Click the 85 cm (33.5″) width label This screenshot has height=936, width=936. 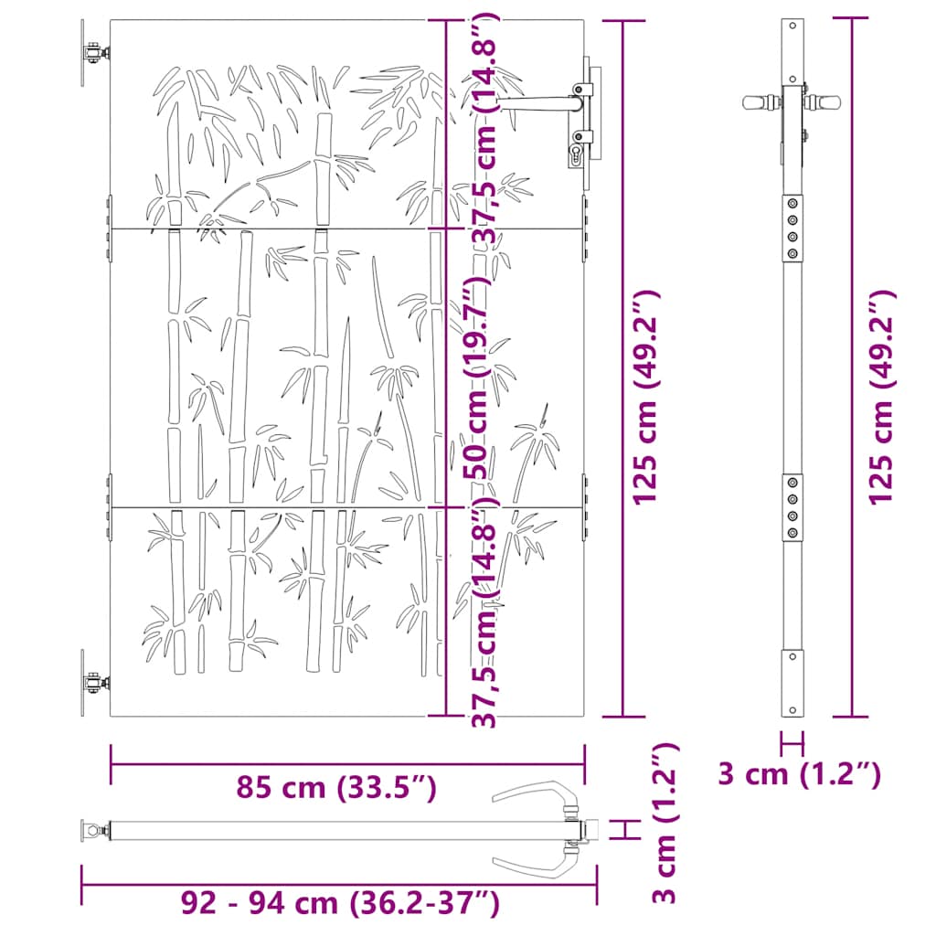pyautogui.click(x=336, y=787)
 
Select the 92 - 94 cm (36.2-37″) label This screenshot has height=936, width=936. pyautogui.click(x=340, y=903)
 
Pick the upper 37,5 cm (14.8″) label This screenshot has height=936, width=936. pyautogui.click(x=483, y=127)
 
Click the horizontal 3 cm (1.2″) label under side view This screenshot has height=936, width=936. pyautogui.click(x=800, y=774)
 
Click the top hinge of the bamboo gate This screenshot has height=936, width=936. pyautogui.click(x=95, y=53)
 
